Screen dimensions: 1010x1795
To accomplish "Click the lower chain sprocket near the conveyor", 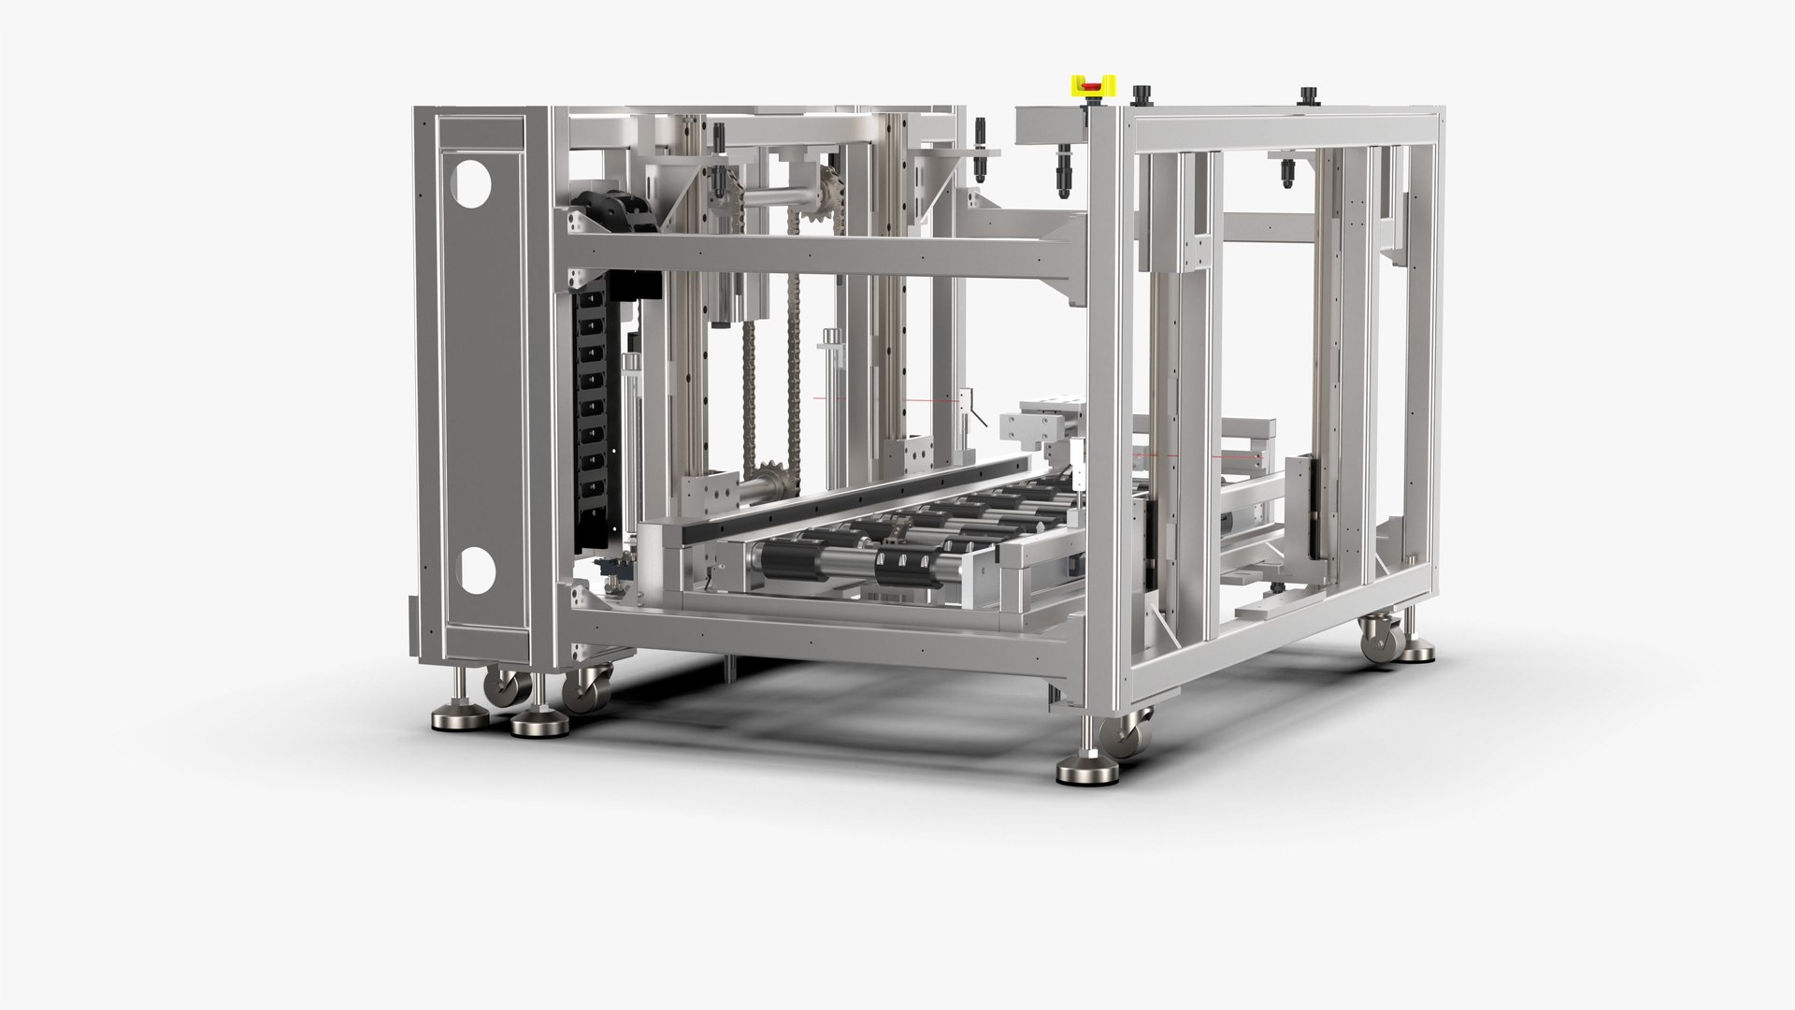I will pyautogui.click(x=773, y=483).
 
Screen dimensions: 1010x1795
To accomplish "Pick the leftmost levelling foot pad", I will pyautogui.click(x=453, y=720).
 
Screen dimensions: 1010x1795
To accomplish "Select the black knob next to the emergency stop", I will pyautogui.click(x=1141, y=95).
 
